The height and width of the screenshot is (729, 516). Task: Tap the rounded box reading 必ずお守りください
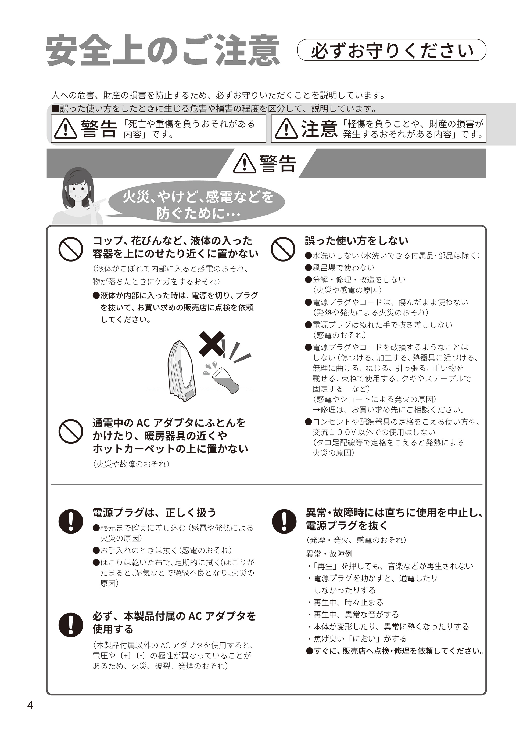pyautogui.click(x=392, y=50)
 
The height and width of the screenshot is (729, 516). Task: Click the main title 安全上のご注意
pyautogui.click(x=163, y=51)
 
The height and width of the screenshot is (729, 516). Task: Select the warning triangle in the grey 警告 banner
pyautogui.click(x=244, y=164)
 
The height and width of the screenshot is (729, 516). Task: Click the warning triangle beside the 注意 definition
pyautogui.click(x=286, y=129)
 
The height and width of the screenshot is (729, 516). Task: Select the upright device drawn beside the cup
pyautogui.click(x=182, y=372)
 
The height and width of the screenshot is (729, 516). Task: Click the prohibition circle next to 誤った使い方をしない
pyautogui.click(x=283, y=249)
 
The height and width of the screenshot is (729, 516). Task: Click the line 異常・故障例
pyautogui.click(x=329, y=554)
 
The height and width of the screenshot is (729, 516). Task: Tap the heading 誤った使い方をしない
pyautogui.click(x=356, y=241)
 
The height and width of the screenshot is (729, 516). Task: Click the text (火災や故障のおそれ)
pyautogui.click(x=131, y=464)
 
